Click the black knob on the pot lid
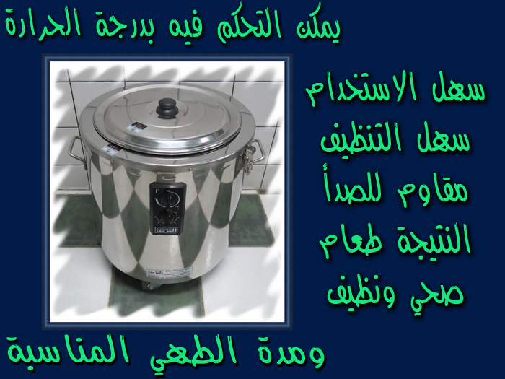tap(167, 108)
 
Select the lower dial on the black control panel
tap(167, 217)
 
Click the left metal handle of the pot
tap(77, 152)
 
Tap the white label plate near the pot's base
tap(168, 273)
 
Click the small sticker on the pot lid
tap(136, 126)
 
